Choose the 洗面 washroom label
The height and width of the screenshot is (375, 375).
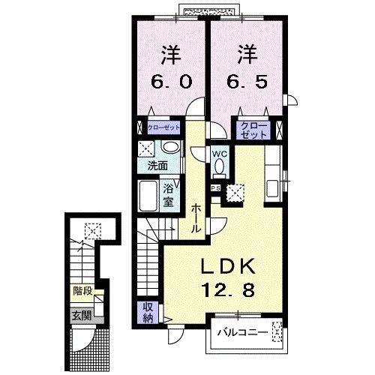pos(156,166)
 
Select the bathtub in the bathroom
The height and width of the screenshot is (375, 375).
pos(150,196)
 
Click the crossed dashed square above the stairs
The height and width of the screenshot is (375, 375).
pos(92,230)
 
